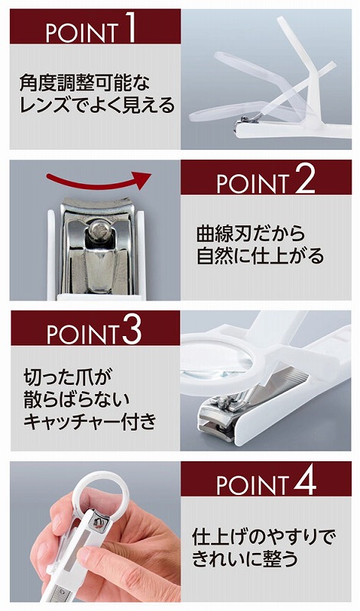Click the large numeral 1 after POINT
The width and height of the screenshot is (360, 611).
[x=130, y=27]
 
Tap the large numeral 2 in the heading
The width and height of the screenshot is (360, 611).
[x=305, y=179]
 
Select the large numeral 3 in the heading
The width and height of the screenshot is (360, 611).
[x=131, y=330]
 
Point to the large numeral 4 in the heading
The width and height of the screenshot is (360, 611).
[x=305, y=481]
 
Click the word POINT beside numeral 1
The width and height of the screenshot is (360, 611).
[x=83, y=33]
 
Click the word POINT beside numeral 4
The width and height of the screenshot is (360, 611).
[x=253, y=486]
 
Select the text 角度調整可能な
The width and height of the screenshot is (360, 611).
[x=85, y=83]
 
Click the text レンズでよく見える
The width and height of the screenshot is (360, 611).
[x=97, y=105]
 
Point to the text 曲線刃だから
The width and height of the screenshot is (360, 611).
[x=251, y=234]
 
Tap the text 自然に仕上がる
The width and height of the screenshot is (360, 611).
[x=260, y=256]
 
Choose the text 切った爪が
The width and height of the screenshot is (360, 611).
[x=68, y=377]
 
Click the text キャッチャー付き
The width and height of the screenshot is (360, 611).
[x=90, y=422]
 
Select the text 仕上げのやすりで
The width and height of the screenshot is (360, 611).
[x=264, y=538]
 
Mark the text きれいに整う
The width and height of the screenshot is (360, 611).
[x=245, y=559]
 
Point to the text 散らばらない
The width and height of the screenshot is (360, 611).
[x=76, y=399]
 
